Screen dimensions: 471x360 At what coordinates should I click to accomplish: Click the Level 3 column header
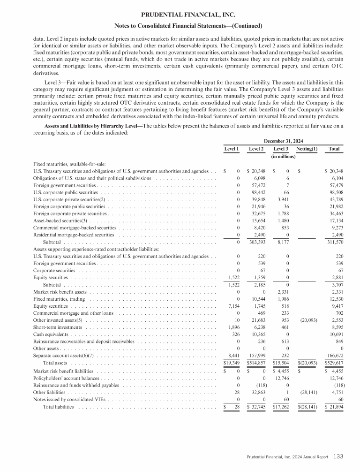(281, 149)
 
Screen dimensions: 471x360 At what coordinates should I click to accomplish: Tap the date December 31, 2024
(284, 140)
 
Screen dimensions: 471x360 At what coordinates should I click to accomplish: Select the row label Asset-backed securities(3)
(60, 207)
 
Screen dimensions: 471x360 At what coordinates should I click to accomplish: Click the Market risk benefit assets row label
(60, 292)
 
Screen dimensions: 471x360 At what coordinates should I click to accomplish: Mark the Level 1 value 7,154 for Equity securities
(232, 307)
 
